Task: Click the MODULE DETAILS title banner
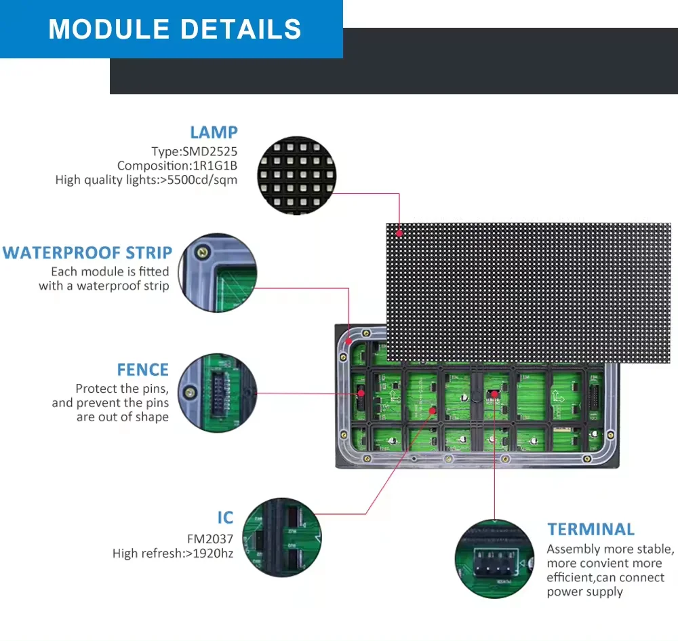tap(174, 29)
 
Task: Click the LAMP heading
tap(214, 132)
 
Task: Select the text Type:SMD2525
tap(195, 151)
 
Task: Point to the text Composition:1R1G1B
tap(177, 166)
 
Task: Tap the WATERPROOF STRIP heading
tap(87, 253)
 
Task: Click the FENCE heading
tap(142, 370)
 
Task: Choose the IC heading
tap(225, 518)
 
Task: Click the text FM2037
tap(210, 539)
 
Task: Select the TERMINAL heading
tap(591, 529)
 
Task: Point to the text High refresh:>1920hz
tap(173, 553)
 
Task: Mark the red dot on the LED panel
tap(400, 233)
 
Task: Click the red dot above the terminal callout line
tap(494, 393)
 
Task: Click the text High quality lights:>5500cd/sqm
tap(146, 180)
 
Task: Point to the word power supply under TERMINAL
tap(584, 591)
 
